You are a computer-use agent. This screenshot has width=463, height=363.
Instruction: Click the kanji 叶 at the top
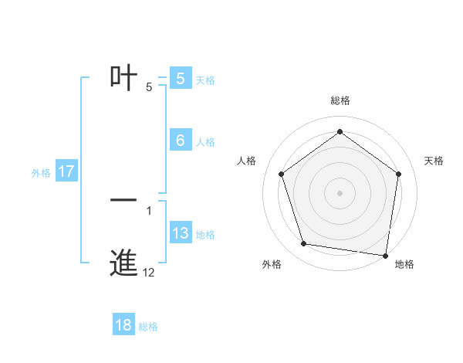pyautogui.click(x=123, y=76)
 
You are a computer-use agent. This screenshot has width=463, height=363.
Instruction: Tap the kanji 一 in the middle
pyautogui.click(x=123, y=200)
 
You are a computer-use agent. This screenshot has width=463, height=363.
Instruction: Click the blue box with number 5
pyautogui.click(x=181, y=78)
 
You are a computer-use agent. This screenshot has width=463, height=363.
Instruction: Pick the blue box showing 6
pyautogui.click(x=181, y=141)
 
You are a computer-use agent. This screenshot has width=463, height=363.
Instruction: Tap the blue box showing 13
pyautogui.click(x=181, y=233)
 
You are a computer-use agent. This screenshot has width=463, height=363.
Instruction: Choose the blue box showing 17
pyautogui.click(x=66, y=171)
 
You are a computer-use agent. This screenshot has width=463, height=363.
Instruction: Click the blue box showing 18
pyautogui.click(x=123, y=325)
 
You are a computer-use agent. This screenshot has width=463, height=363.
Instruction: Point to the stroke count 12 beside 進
pyautogui.click(x=149, y=273)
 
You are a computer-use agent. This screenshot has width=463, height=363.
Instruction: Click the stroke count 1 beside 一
pyautogui.click(x=149, y=210)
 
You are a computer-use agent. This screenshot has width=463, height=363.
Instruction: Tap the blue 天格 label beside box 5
pyautogui.click(x=205, y=80)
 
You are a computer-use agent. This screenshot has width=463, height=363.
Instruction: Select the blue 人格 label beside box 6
pyautogui.click(x=205, y=142)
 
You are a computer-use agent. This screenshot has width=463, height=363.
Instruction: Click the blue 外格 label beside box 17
pyautogui.click(x=41, y=173)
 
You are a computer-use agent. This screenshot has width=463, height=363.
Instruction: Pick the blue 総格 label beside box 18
pyautogui.click(x=148, y=327)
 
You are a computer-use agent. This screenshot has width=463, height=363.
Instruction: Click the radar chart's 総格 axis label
pyautogui.click(x=340, y=100)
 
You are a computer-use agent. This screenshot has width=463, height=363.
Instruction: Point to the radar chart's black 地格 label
pyautogui.click(x=404, y=264)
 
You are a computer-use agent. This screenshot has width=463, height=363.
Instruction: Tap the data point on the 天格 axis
pyautogui.click(x=398, y=174)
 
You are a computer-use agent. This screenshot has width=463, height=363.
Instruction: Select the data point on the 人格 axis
pyautogui.click(x=281, y=174)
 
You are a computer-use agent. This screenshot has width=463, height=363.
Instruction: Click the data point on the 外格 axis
pyautogui.click(x=304, y=244)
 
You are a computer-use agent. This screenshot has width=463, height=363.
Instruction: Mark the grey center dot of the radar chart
pyautogui.click(x=340, y=192)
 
